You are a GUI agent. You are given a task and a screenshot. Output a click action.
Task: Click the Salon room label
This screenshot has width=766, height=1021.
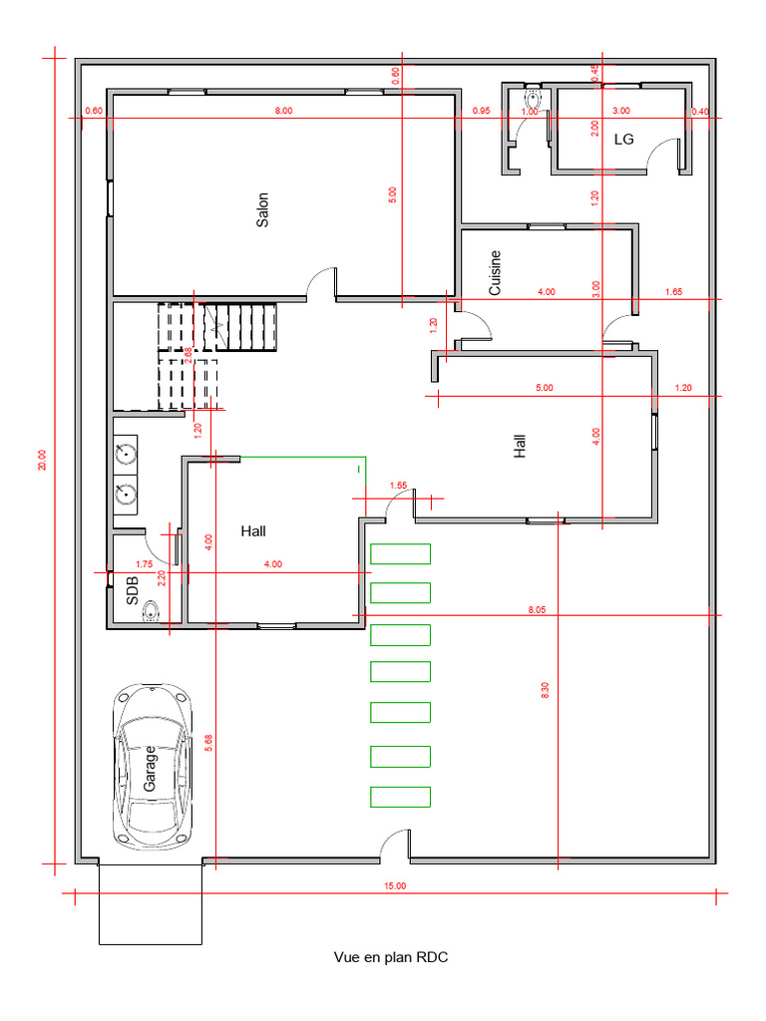click(x=263, y=209)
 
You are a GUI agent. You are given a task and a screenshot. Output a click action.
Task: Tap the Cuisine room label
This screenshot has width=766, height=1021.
click(x=495, y=272)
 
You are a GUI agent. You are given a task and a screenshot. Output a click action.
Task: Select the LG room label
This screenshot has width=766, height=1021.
click(x=623, y=140)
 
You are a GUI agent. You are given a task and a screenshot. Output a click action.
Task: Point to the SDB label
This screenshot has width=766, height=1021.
click(x=133, y=591)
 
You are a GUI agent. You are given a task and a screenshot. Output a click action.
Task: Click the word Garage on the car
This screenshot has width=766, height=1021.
click(x=150, y=768)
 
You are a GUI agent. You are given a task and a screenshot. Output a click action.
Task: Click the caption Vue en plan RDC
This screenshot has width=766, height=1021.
click(x=391, y=957)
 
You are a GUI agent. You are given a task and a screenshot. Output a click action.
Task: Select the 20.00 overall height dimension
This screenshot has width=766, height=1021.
click(x=42, y=460)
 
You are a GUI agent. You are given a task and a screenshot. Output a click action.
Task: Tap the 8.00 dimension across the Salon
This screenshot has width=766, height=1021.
click(x=283, y=111)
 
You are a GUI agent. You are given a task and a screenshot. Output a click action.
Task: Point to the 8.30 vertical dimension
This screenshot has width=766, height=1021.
click(x=545, y=690)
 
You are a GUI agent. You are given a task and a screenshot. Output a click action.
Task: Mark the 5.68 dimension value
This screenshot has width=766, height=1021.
click(x=207, y=744)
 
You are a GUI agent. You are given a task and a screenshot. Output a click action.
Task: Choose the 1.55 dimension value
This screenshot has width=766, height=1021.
click(x=399, y=486)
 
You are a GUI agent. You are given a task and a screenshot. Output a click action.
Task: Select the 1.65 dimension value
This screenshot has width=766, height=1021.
click(x=672, y=292)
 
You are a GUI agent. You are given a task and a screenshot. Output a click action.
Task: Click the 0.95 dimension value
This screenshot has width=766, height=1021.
click(x=482, y=111)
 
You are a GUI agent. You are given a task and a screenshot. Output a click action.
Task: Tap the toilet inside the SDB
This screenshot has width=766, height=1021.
click(x=151, y=611)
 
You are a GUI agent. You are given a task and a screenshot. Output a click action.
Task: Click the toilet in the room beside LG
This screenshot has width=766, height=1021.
click(x=533, y=101)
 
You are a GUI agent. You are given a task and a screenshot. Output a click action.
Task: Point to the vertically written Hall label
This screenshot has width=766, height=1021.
click(x=520, y=445)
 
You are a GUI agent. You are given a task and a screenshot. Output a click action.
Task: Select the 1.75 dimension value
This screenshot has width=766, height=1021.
click(x=144, y=564)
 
